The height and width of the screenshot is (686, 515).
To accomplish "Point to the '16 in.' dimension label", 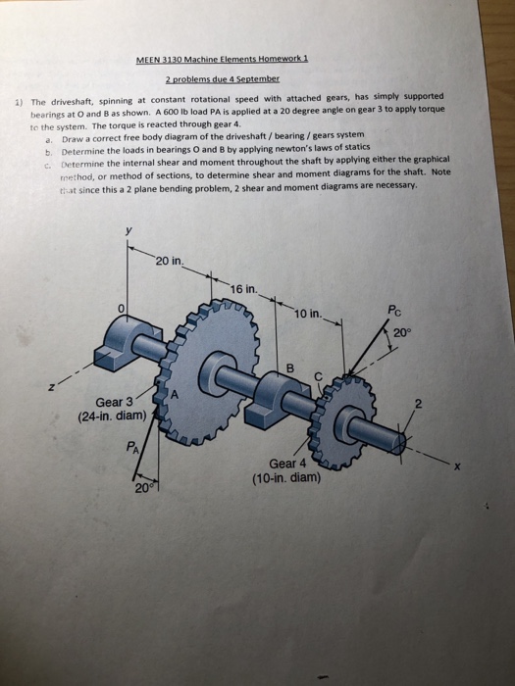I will click(x=244, y=288).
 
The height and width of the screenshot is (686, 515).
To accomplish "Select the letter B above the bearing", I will click(x=288, y=367).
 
